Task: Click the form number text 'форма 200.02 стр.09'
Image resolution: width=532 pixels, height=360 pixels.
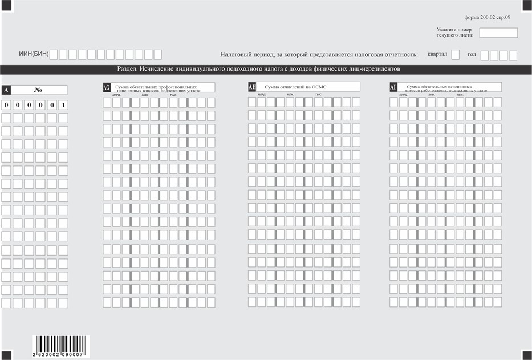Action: tap(492, 18)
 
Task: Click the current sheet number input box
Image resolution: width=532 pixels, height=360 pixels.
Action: tap(498, 33)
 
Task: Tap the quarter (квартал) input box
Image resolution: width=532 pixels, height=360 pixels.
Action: tap(455, 55)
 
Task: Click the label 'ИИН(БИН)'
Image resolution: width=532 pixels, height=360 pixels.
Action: tap(34, 55)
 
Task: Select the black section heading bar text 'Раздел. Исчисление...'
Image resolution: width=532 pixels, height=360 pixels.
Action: tap(258, 69)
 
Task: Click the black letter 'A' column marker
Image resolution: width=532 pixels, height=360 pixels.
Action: tap(6, 90)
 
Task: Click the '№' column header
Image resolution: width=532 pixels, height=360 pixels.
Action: tap(39, 90)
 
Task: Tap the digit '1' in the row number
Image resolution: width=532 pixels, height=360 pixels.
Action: tap(63, 105)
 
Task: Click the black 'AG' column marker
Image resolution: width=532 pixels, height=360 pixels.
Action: tap(107, 87)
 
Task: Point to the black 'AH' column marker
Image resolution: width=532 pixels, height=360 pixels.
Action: tap(251, 87)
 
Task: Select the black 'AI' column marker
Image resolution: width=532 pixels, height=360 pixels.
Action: tap(393, 87)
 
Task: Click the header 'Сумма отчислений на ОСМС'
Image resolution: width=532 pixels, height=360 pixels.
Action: tap(291, 87)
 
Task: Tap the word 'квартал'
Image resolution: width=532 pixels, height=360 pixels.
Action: tap(436, 55)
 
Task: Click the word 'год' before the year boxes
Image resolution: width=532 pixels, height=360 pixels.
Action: tap(472, 55)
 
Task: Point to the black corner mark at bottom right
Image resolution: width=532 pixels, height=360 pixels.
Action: tap(526, 355)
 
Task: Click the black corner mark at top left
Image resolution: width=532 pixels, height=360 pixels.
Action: tap(5, 4)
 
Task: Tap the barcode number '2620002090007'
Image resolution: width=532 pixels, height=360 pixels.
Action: tap(59, 354)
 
